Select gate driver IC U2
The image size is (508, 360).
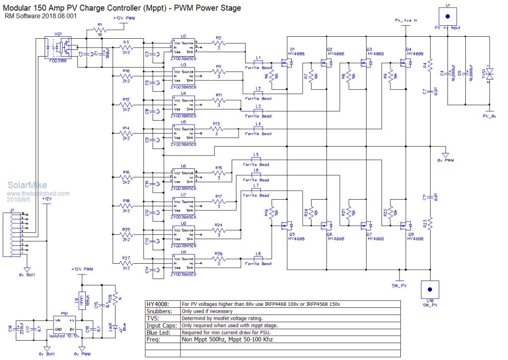click(x=183, y=45)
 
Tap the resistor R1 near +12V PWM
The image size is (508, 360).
click(x=100, y=31)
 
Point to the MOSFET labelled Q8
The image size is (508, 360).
click(x=404, y=225)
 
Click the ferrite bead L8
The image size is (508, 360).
click(x=258, y=259)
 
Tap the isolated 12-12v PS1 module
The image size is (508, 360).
click(x=64, y=326)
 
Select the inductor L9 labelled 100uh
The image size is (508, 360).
click(x=83, y=300)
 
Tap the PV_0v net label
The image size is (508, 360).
click(x=490, y=117)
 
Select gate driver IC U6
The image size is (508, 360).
click(x=183, y=176)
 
